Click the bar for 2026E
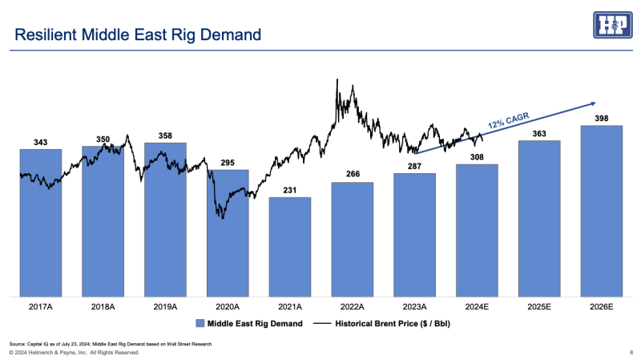[602, 210]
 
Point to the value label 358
[165, 136]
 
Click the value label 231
[290, 190]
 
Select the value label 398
[602, 119]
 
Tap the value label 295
[228, 163]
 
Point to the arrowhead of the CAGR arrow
[594, 103]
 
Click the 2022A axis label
[352, 306]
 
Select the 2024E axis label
[477, 306]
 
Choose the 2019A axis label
[165, 306]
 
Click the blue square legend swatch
[200, 323]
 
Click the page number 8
[631, 352]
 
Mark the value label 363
[539, 133]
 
